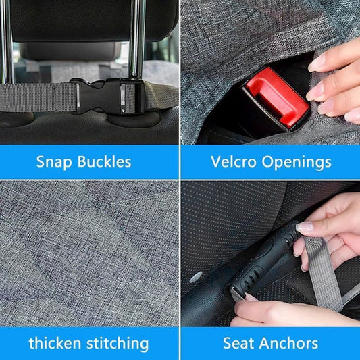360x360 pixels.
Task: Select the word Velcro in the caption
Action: [232, 162]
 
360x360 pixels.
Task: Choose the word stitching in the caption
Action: [119, 343]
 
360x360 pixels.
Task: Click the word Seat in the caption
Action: [238, 343]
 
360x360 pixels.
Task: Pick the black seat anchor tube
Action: [263, 260]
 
